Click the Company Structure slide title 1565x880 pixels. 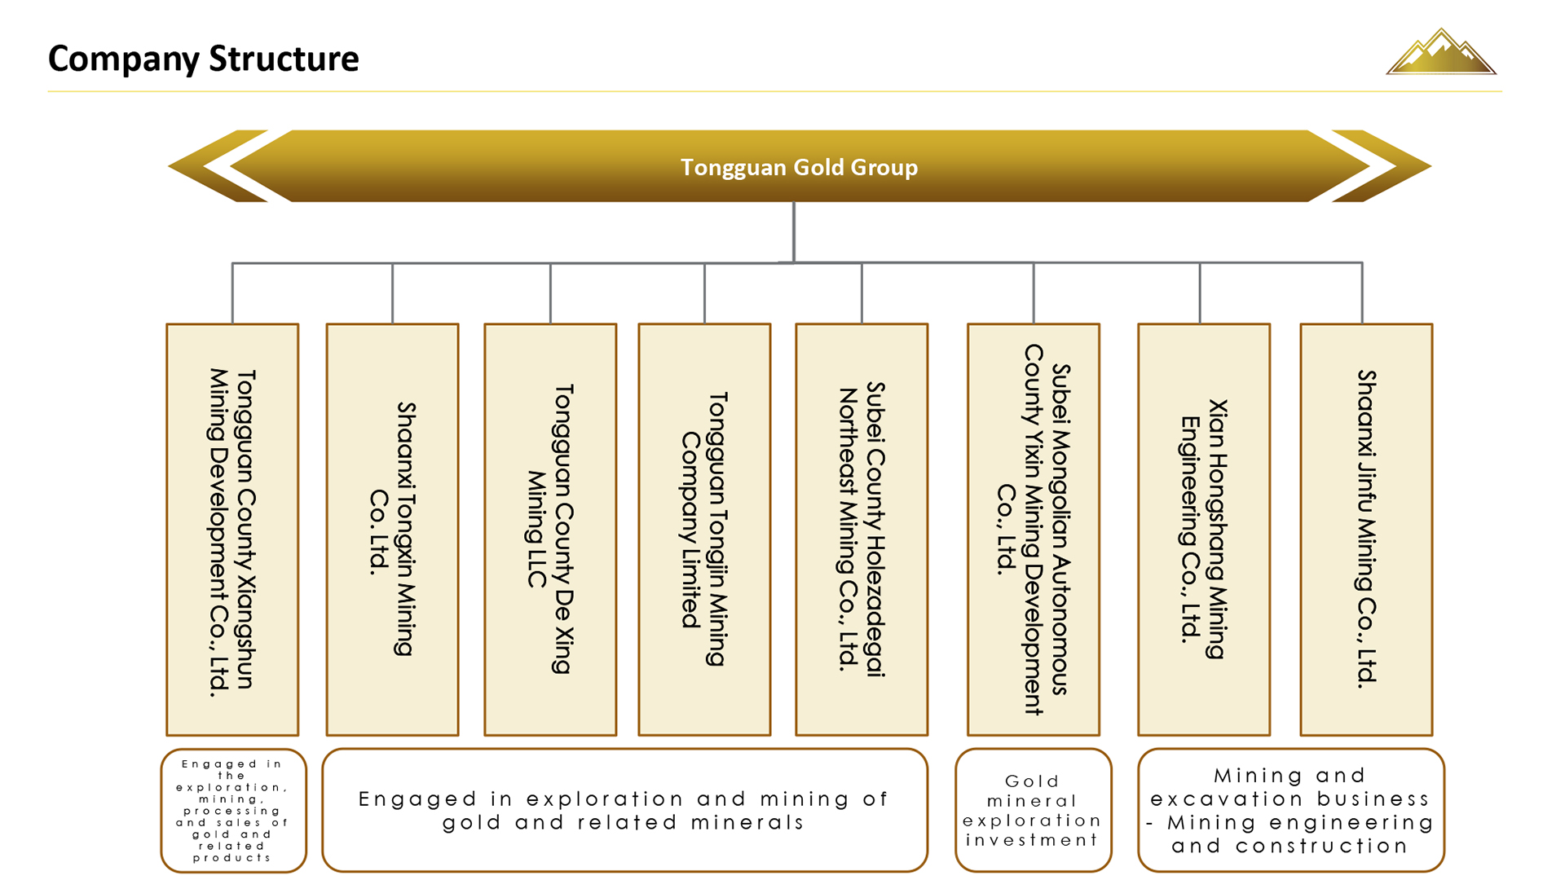[x=203, y=59]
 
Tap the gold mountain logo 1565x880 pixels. [x=1440, y=53]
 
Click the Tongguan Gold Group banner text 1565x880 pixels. [x=799, y=167]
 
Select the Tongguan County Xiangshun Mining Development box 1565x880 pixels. [x=232, y=530]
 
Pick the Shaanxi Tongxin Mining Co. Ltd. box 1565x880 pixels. [x=392, y=530]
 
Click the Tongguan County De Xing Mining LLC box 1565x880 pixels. [x=550, y=530]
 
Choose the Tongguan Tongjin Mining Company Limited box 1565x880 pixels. [x=704, y=530]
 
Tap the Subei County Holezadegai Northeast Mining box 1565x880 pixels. [x=862, y=530]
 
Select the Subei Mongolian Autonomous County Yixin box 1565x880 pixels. [x=1033, y=530]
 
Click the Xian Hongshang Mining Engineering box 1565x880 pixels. [x=1204, y=530]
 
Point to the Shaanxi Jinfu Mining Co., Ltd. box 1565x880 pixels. [x=1366, y=530]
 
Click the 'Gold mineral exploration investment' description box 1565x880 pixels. [x=1033, y=810]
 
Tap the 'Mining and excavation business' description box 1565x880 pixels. [x=1291, y=810]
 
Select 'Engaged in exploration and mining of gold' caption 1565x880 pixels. [x=624, y=810]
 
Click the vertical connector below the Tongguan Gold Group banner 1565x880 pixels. [x=793, y=232]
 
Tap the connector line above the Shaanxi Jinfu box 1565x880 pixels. [x=1362, y=293]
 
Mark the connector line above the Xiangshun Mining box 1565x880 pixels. [x=232, y=293]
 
